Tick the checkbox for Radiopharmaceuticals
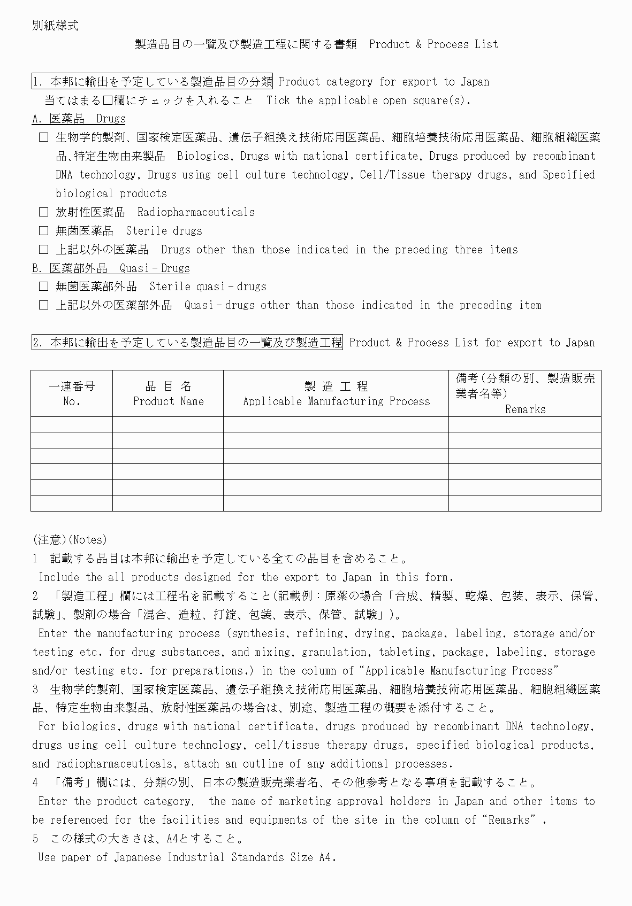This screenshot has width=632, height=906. click(43, 212)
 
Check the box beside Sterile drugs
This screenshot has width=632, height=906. click(43, 231)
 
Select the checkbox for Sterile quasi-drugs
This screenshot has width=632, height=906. click(43, 286)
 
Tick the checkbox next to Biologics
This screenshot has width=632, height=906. click(43, 138)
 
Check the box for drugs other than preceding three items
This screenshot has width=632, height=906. click(43, 250)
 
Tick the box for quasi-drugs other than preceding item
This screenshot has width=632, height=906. click(43, 305)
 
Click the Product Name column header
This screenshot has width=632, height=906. click(168, 393)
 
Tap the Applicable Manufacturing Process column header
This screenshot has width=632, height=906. click(336, 393)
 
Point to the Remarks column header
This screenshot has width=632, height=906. click(525, 394)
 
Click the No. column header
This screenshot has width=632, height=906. click(72, 393)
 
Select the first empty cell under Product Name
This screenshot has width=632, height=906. click(168, 424)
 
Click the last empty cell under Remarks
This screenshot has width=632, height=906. click(525, 504)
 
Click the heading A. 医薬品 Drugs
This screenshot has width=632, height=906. click(79, 119)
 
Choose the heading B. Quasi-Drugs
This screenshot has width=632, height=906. click(111, 268)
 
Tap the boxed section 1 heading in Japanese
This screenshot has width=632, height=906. click(153, 82)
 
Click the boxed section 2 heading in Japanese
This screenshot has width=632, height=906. click(187, 343)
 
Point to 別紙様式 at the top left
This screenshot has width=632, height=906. click(55, 26)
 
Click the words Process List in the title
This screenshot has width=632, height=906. click(463, 44)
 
